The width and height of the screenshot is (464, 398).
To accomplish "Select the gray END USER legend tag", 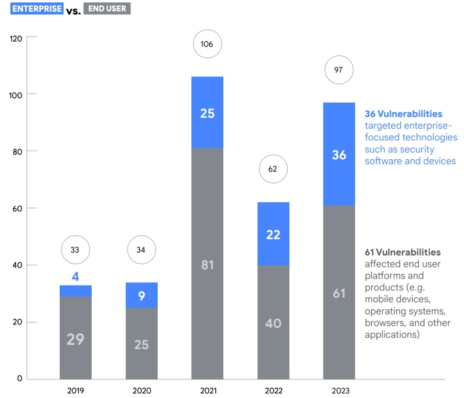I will tap(107, 9).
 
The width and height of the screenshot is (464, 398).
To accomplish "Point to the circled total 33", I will tap(75, 250).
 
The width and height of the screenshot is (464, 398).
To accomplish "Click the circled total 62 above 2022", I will tap(273, 170).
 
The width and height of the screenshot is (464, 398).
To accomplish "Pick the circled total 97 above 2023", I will tap(339, 70).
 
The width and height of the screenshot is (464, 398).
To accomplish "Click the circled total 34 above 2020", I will tap(142, 250).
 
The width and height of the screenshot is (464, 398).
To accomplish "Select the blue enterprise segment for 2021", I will tap(207, 112).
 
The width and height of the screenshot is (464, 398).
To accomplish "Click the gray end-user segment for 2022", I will tap(273, 322).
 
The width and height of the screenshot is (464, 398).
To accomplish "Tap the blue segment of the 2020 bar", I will tap(142, 295).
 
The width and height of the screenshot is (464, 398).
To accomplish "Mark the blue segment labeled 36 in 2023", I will tap(339, 155).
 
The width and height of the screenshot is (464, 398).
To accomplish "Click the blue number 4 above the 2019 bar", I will tap(75, 276).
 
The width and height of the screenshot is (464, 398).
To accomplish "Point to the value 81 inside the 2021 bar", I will tap(207, 264).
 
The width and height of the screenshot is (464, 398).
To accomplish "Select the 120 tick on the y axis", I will tap(16, 38).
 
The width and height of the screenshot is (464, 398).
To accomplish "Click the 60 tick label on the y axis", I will tap(17, 209).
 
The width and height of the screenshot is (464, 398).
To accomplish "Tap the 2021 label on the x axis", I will tap(207, 390).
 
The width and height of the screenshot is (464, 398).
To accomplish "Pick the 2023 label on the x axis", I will tap(339, 390).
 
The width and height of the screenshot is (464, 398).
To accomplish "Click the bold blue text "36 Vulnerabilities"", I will tap(403, 114).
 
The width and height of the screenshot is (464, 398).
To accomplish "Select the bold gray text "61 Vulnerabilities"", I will tap(403, 253).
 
